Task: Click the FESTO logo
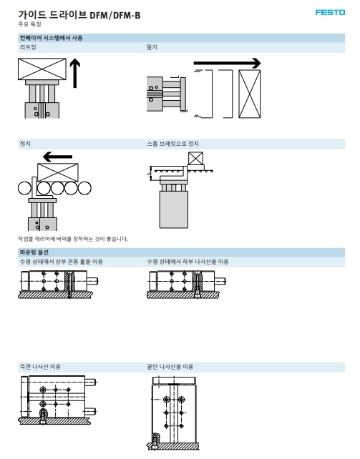330,12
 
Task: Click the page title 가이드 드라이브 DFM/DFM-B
79,14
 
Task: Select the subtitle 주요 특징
29,24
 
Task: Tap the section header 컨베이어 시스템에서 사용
51,38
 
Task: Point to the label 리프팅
28,47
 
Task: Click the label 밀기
152,47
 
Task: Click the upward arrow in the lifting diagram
75,73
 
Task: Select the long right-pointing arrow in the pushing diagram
227,63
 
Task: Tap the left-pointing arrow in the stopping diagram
57,157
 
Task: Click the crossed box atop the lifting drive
42,69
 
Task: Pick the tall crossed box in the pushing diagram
250,94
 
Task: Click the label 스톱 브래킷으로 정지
172,144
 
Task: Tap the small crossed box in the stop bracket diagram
195,159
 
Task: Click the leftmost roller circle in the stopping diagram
25,188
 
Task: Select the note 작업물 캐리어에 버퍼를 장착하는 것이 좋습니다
73,239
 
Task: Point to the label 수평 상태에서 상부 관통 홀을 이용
62,262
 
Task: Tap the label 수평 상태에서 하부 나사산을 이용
188,262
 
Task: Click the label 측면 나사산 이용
40,367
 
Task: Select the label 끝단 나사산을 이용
170,367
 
